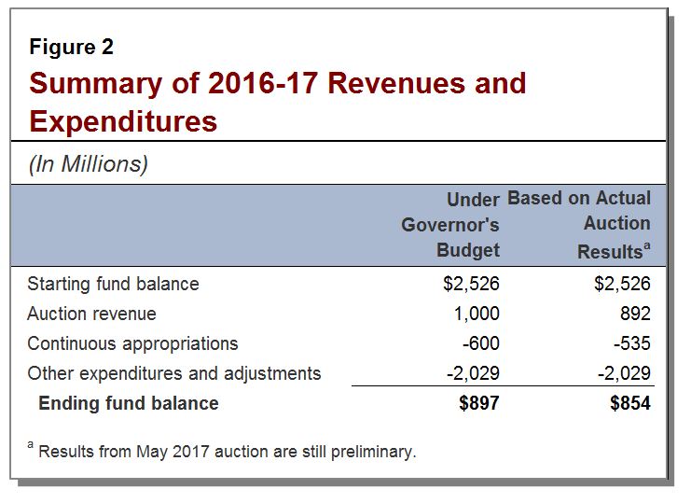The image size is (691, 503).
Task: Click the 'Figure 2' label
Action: [71, 47]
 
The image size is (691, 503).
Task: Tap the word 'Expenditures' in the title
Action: [123, 120]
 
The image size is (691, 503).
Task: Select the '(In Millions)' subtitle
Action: [88, 164]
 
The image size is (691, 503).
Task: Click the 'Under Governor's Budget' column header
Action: [451, 224]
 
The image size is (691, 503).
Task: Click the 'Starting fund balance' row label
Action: [113, 284]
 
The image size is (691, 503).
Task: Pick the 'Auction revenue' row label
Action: [91, 314]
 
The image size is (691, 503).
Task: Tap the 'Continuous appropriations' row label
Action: [132, 343]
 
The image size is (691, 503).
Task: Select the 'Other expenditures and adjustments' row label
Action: [173, 373]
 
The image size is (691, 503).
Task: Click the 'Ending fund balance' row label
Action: [128, 403]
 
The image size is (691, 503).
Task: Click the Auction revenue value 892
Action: [634, 314]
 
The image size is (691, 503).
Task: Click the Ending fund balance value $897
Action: [478, 403]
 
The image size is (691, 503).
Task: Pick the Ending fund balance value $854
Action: [629, 403]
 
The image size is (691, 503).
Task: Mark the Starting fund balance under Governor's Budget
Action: [471, 284]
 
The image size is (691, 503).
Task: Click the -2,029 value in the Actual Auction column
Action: [623, 373]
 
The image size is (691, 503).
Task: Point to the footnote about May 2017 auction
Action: [223, 452]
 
